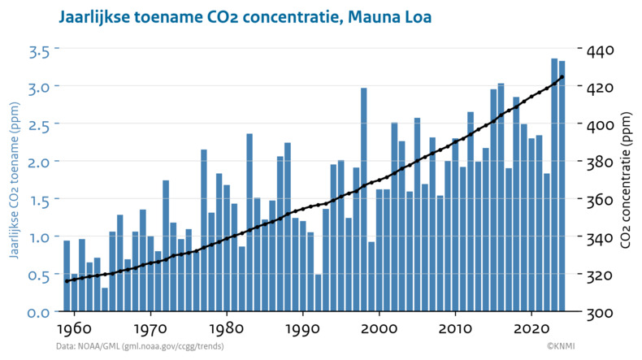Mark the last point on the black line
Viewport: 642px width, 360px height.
pyautogui.click(x=562, y=77)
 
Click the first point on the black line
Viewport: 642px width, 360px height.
pyautogui.click(x=67, y=281)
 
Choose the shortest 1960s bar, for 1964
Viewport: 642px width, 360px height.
pyautogui.click(x=105, y=300)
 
